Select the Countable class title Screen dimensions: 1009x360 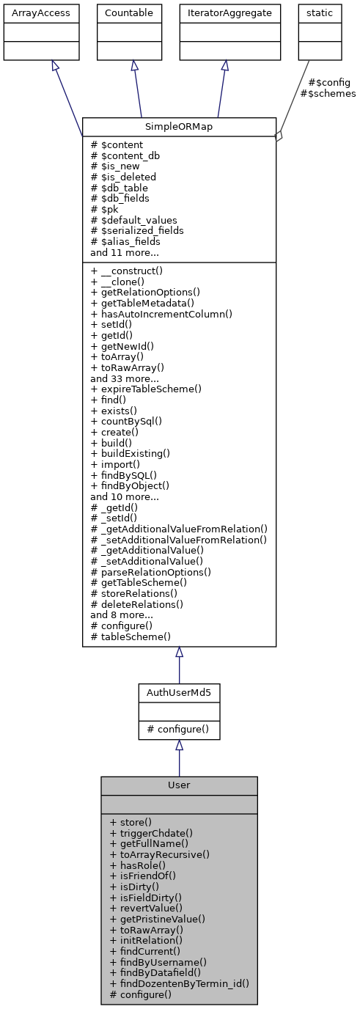point(130,13)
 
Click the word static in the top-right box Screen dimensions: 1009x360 point(320,13)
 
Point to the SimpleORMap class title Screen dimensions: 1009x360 point(179,126)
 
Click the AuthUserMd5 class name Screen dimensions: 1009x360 point(179,692)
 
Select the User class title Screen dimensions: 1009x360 point(179,785)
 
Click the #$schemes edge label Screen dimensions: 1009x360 point(328,94)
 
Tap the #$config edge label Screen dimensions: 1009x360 point(328,83)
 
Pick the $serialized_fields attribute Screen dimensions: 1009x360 point(137,230)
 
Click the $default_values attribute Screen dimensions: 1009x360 point(133,219)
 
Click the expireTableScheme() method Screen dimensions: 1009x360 point(146,389)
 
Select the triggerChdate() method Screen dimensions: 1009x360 point(151,833)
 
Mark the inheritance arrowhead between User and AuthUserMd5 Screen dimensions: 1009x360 point(179,746)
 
